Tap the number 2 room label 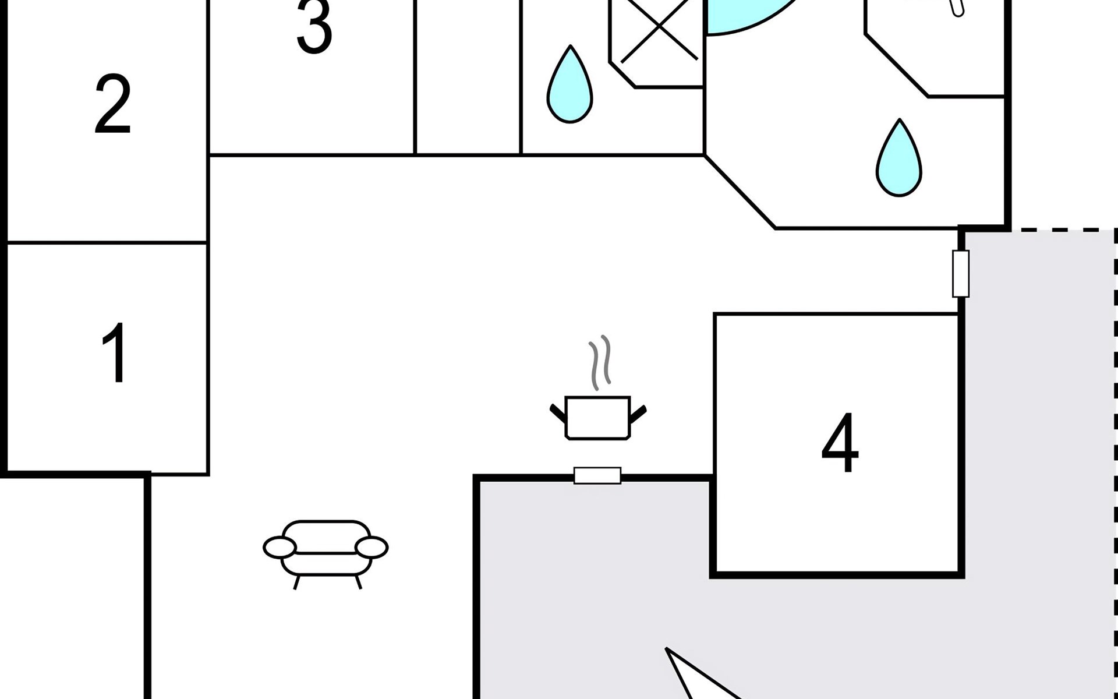(x=112, y=104)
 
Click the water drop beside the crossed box (x=569, y=85)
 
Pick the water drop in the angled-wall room (x=899, y=158)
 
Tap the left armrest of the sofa (x=279, y=548)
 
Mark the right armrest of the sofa (x=372, y=548)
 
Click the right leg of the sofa (x=358, y=582)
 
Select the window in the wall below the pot (x=597, y=475)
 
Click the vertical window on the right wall (x=961, y=274)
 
